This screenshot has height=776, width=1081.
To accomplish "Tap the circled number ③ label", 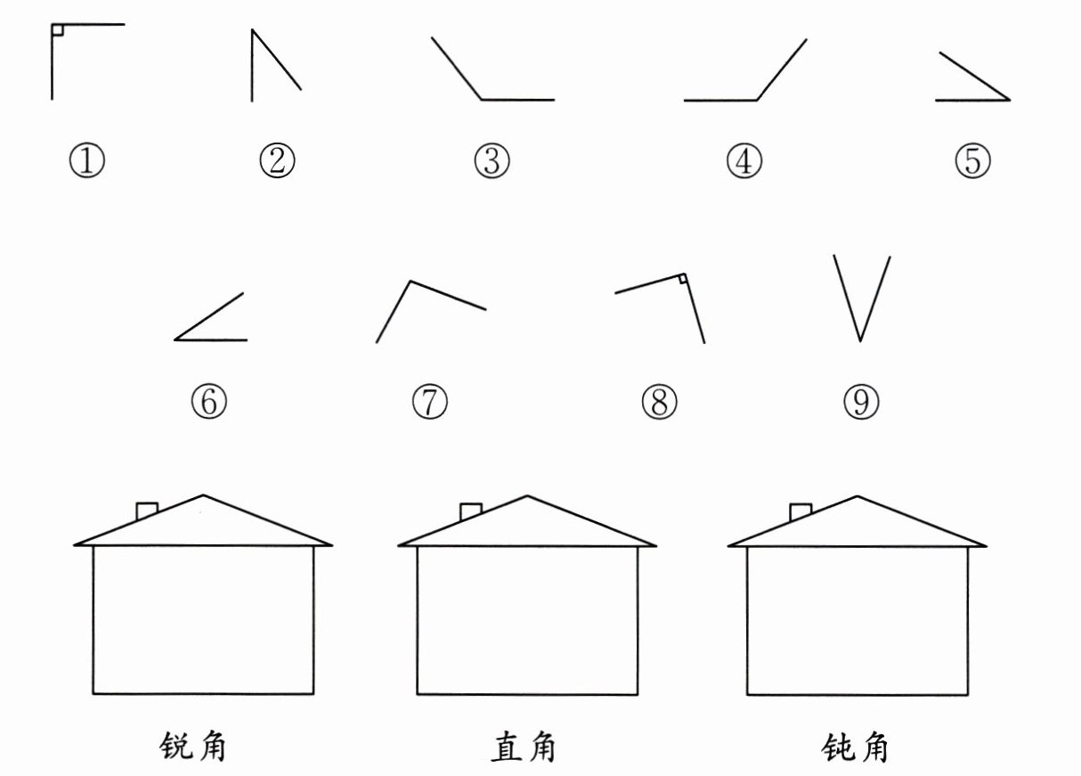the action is [492, 161].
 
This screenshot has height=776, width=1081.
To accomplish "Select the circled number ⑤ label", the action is [972, 161].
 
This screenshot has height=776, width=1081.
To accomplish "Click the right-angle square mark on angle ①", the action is [57, 30].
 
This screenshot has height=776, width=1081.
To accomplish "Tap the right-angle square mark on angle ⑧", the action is [681, 280].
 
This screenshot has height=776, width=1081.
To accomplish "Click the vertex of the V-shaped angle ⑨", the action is [859, 340].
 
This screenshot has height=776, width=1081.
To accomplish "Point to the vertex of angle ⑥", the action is [175, 339].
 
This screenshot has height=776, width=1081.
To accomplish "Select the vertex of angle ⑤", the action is [1009, 101].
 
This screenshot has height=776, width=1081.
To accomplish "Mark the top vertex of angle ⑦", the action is [410, 282].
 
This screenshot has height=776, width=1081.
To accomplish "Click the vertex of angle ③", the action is [482, 100].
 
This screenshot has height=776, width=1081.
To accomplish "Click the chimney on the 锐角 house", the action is [147, 511].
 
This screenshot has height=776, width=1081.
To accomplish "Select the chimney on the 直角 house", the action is [470, 511].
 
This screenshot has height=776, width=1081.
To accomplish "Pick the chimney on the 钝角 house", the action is [801, 511].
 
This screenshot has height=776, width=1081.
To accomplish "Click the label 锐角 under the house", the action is [191, 747].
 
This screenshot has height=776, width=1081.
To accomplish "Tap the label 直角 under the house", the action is [524, 747].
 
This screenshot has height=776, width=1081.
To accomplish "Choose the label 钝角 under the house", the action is [855, 747].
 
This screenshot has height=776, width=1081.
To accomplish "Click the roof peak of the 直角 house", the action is [528, 496].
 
